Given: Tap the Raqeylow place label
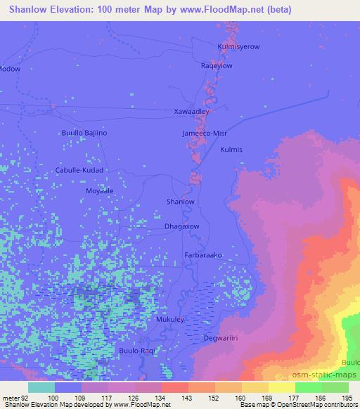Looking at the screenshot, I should (217, 65).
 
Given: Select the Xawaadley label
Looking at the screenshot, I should (190, 112).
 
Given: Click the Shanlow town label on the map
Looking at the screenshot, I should (179, 202).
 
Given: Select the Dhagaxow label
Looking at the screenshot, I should (181, 227).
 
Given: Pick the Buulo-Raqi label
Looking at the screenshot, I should (136, 350).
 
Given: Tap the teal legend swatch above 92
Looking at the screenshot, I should (41, 387).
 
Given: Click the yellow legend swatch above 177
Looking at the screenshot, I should (282, 387).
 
